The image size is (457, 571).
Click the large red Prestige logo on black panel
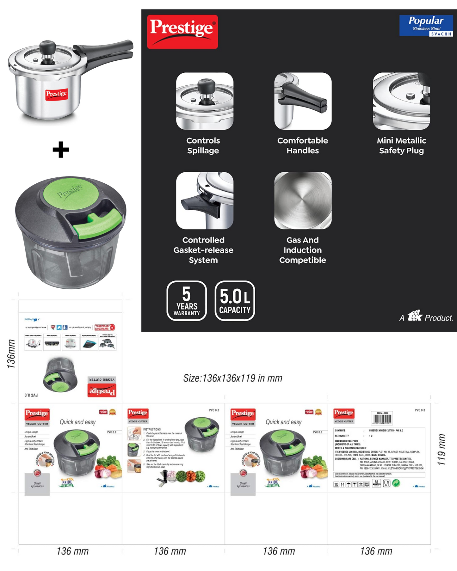click(x=182, y=32)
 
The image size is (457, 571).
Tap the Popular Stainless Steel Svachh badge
click(x=426, y=26)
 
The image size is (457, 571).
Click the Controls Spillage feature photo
click(x=205, y=101)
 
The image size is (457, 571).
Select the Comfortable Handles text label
click(x=303, y=145)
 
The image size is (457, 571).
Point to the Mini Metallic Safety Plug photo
click(x=401, y=101)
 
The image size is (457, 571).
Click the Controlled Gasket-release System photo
click(x=205, y=200)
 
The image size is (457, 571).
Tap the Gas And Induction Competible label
click(x=303, y=250)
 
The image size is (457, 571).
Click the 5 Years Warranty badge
click(x=187, y=301)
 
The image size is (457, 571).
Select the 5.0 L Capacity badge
click(x=235, y=301)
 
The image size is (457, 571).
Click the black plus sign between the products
click(x=61, y=150)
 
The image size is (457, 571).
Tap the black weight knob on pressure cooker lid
click(x=47, y=47)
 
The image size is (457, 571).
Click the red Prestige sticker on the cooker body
click(x=57, y=94)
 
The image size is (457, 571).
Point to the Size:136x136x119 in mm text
click(x=232, y=378)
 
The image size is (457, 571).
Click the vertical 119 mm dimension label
click(x=442, y=449)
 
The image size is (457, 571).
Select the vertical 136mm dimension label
click(x=11, y=353)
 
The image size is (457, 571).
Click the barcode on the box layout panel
click(x=382, y=418)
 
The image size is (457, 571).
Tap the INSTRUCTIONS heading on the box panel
click(x=152, y=429)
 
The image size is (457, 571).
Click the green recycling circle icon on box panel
click(x=396, y=483)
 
